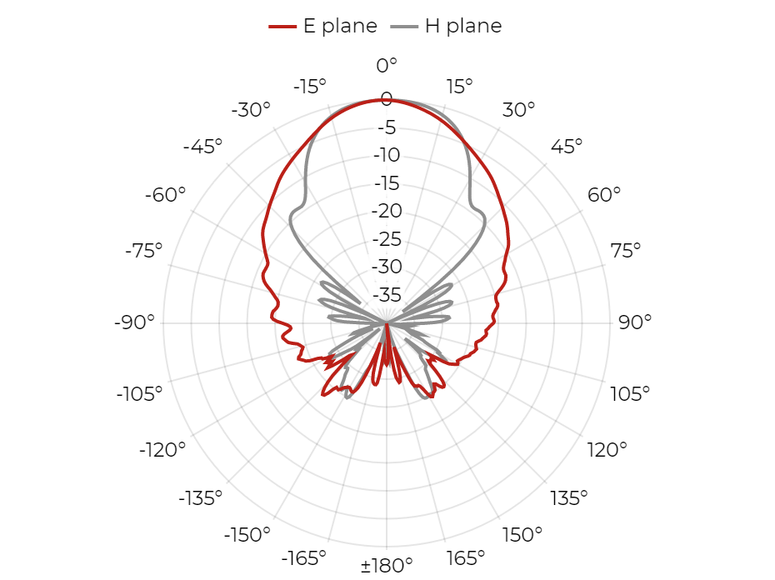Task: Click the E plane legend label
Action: (340, 26)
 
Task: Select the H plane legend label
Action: (463, 26)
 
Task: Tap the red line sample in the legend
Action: (282, 26)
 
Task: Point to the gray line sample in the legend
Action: (404, 26)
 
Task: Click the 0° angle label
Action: (387, 65)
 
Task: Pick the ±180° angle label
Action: (387, 565)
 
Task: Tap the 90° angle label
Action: (635, 322)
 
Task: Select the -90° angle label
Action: (134, 322)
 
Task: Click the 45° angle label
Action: (567, 147)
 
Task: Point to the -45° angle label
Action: (202, 147)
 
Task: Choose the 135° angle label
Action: (569, 498)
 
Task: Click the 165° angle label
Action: (466, 558)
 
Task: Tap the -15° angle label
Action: (310, 87)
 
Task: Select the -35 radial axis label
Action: (387, 295)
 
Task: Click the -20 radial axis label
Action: (387, 211)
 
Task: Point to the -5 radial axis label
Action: (387, 127)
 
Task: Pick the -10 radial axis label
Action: (387, 155)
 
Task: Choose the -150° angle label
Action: (247, 534)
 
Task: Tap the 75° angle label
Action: (625, 251)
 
